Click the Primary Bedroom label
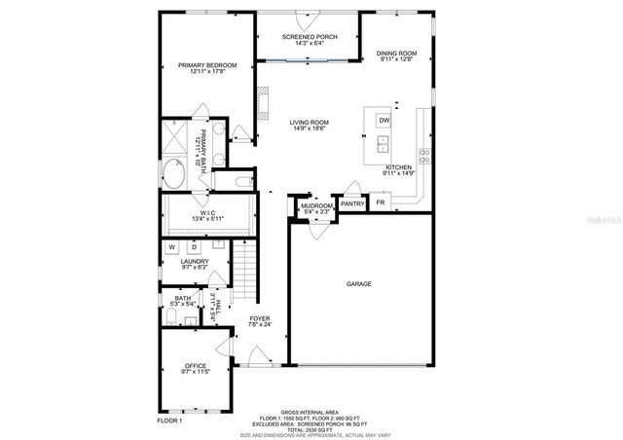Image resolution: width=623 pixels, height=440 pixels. (x=207, y=66)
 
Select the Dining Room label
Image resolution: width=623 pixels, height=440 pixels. (x=397, y=54)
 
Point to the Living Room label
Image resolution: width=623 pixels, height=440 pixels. (x=309, y=123)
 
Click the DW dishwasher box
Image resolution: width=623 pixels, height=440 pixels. (x=384, y=120)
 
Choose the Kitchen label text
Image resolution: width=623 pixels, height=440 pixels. (x=399, y=167)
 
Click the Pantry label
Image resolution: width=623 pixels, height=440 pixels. (x=352, y=203)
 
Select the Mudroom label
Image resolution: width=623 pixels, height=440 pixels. (x=316, y=206)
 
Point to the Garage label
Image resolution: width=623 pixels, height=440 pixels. (x=359, y=283)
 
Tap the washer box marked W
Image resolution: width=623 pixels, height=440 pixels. (x=171, y=247)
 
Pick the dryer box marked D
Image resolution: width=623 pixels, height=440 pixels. (x=193, y=247)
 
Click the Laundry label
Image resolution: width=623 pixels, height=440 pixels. (x=195, y=261)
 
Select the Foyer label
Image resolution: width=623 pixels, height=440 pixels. (x=259, y=318)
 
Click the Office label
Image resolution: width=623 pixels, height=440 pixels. (x=195, y=365)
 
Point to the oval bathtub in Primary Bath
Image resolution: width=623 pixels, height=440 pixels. (x=173, y=175)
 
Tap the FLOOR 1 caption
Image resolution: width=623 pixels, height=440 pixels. (x=169, y=421)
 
